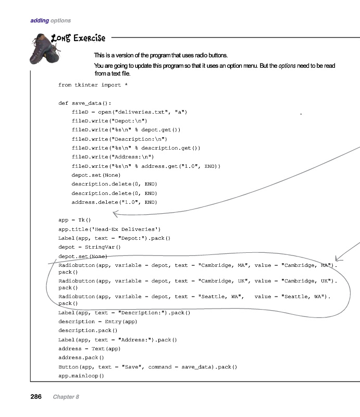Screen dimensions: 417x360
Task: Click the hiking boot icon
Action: click(44, 48)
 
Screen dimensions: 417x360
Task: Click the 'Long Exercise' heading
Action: click(78, 38)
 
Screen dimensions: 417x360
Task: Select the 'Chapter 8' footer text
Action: click(66, 397)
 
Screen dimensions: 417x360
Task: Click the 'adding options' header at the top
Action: click(51, 21)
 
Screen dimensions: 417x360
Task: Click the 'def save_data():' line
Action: click(84, 103)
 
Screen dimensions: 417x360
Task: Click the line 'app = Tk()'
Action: click(75, 220)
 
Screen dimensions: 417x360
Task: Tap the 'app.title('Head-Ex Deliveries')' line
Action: click(109, 229)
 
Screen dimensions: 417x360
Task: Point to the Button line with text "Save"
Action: click(147, 367)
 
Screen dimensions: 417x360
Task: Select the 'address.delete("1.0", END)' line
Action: click(114, 202)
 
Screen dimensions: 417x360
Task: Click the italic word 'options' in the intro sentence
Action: click(287, 66)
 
